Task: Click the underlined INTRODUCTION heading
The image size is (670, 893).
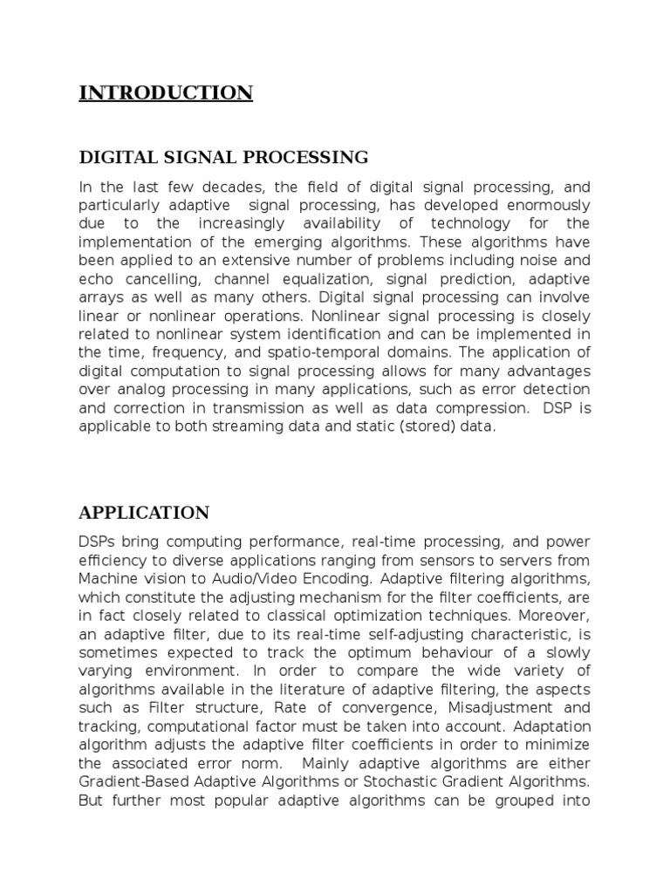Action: [x=166, y=92]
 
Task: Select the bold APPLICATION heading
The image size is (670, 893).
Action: [x=144, y=512]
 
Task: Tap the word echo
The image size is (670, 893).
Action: [x=94, y=279]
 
